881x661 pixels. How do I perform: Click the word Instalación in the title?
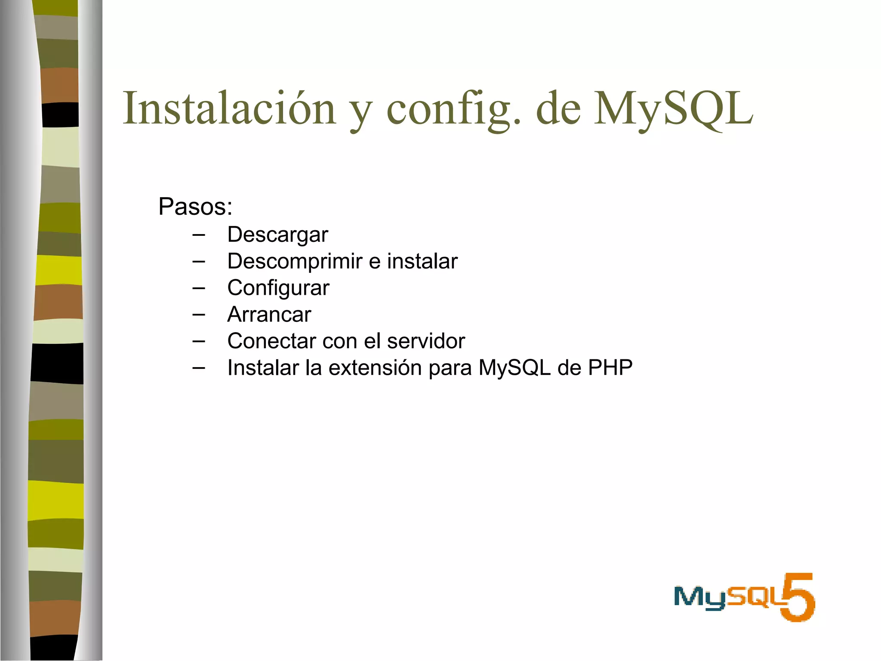(229, 108)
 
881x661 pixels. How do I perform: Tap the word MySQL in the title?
(673, 108)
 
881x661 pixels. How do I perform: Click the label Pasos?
(195, 207)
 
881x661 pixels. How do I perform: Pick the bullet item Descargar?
(277, 235)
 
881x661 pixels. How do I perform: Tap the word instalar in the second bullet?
(422, 261)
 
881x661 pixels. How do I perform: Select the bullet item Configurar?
(278, 288)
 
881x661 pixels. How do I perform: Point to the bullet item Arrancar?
(269, 315)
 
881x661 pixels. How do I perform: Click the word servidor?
(426, 341)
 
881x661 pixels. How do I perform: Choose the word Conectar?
(271, 341)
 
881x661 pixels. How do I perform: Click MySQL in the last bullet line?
(514, 368)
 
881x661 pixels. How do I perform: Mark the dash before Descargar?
(199, 235)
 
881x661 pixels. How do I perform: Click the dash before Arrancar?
(199, 315)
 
